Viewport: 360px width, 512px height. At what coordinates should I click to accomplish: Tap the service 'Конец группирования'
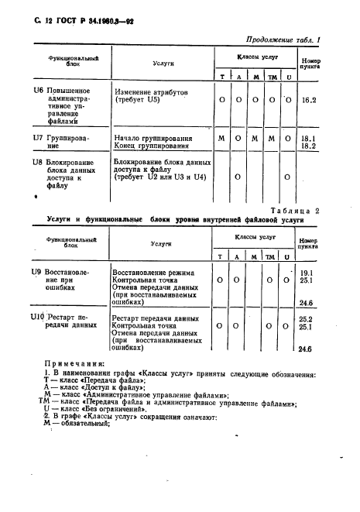pyautogui.click(x=156, y=145)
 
